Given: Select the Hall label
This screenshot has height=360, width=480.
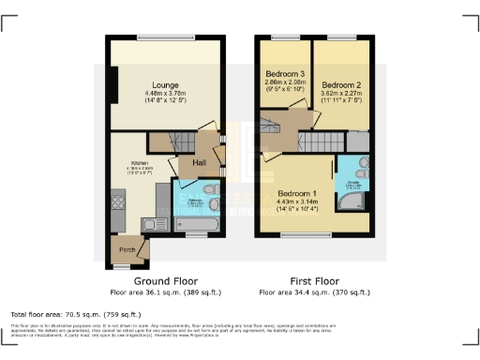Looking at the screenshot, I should click(200, 163).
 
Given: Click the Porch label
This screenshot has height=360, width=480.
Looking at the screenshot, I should click(123, 248).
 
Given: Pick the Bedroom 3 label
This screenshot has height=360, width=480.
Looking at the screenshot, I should click(284, 74).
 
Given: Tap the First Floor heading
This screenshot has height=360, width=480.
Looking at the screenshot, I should click(314, 280).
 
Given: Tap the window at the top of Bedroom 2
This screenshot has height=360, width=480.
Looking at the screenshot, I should click(342, 37).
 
